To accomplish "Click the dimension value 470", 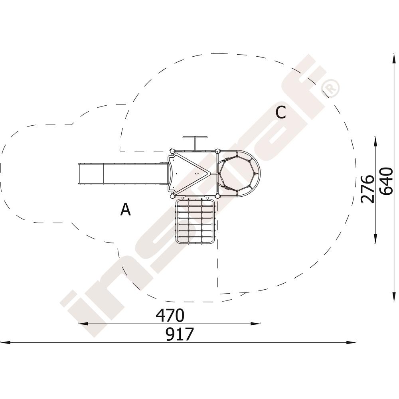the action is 170,315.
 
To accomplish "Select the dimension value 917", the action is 180,334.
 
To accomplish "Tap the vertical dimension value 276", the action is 367,189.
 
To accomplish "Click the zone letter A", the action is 125,209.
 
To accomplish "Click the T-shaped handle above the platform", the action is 195,142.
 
